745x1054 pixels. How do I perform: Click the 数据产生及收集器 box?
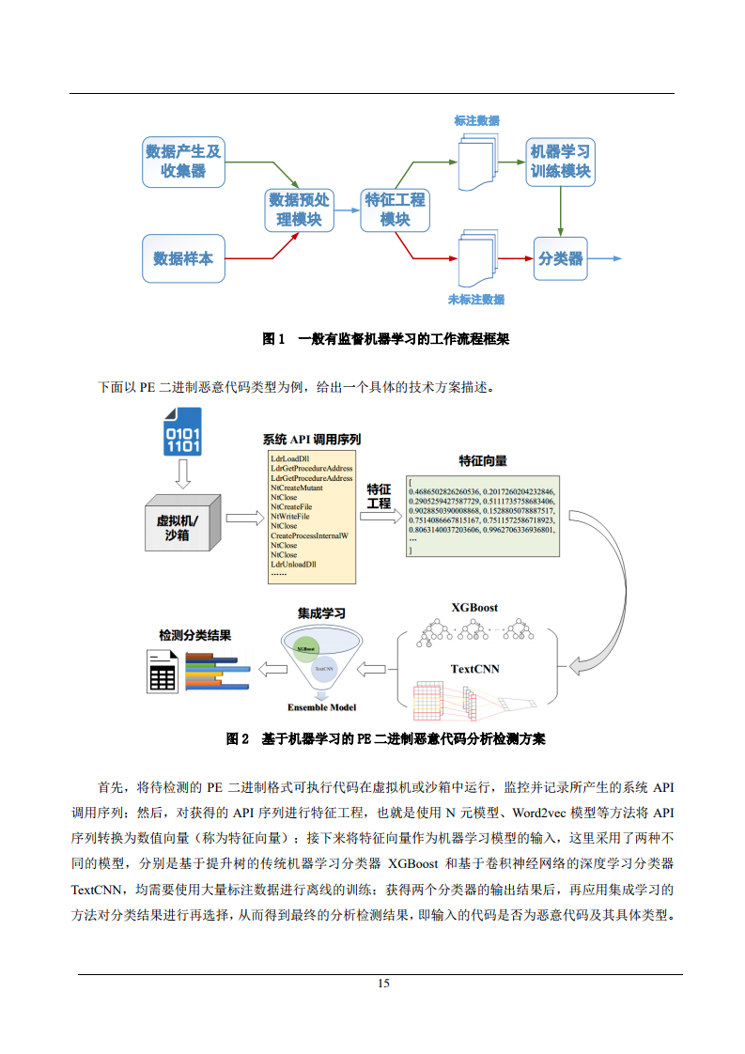(x=183, y=161)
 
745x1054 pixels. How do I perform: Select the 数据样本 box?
(x=183, y=258)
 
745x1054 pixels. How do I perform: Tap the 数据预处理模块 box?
(x=300, y=209)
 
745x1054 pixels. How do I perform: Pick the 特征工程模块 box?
(x=395, y=209)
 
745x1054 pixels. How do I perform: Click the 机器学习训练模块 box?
(x=560, y=161)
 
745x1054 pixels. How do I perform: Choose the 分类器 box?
(x=560, y=258)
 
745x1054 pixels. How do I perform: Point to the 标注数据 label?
(x=476, y=121)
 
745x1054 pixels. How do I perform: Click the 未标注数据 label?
(x=476, y=300)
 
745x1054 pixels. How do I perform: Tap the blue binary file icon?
(x=183, y=432)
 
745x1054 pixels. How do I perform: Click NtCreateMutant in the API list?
(x=297, y=488)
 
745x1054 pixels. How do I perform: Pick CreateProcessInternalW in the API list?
(x=309, y=535)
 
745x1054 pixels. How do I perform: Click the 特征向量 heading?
(x=483, y=461)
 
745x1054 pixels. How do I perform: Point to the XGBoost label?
(x=474, y=608)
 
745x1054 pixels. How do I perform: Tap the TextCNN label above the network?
(x=474, y=669)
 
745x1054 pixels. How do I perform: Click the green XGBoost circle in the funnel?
(x=305, y=648)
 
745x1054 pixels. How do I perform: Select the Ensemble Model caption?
(x=321, y=707)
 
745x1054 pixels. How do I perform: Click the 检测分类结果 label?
(x=195, y=635)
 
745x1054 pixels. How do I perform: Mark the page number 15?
(x=383, y=984)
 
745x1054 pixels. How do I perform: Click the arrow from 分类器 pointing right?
(x=606, y=258)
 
